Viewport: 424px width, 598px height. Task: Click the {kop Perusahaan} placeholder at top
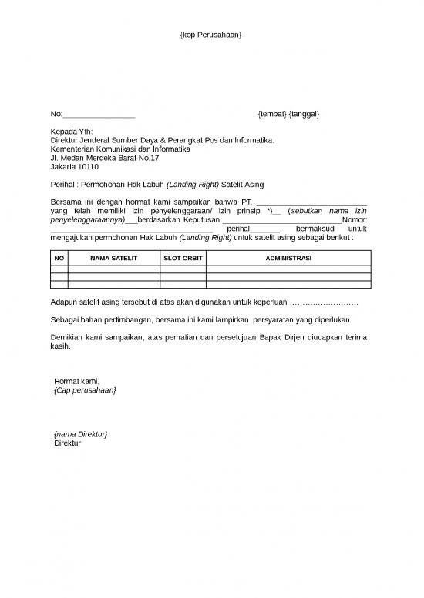(211, 36)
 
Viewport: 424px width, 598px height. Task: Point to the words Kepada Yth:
(71, 132)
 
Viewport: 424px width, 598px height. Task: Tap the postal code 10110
(88, 166)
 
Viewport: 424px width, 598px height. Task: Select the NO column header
(59, 258)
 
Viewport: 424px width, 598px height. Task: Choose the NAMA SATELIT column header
(113, 258)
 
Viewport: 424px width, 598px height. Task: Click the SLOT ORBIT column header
(183, 258)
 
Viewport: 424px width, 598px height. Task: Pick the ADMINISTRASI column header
(288, 258)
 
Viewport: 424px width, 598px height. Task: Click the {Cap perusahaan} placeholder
(86, 391)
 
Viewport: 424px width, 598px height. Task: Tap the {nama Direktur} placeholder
(81, 435)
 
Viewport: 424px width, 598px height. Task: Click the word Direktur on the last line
(67, 444)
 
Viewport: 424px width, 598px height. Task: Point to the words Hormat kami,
(77, 382)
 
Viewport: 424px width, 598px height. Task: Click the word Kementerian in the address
(74, 149)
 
